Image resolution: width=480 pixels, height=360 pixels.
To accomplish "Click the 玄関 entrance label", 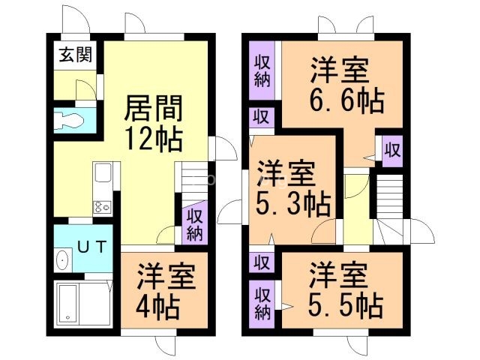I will [x=73, y=54].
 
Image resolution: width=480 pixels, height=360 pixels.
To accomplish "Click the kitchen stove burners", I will [x=102, y=206].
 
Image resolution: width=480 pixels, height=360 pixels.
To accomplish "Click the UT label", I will [x=85, y=244].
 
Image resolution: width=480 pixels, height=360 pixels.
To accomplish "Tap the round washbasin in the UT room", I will [x=63, y=259].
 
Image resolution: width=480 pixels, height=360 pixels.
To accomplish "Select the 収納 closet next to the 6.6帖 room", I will [x=262, y=72].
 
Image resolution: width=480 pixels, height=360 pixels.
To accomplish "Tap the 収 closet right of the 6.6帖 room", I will [x=391, y=148].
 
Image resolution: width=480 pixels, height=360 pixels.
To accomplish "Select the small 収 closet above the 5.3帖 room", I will [x=260, y=117].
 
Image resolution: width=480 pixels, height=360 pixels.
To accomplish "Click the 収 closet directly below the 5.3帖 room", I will [x=261, y=262].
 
